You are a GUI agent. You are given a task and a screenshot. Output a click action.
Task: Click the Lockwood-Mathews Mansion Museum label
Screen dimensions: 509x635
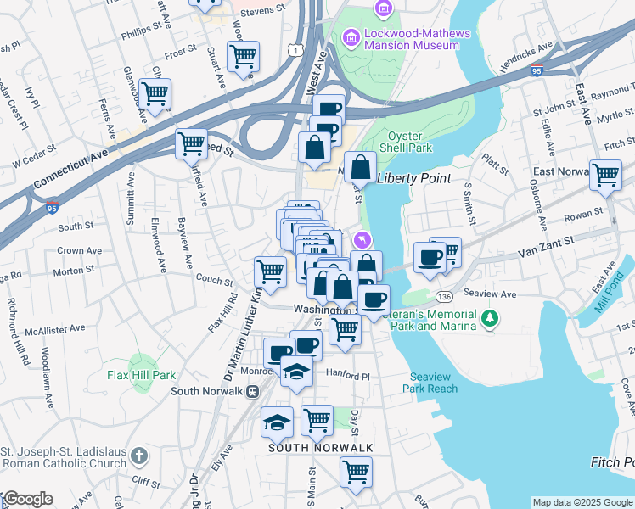coord(406,39)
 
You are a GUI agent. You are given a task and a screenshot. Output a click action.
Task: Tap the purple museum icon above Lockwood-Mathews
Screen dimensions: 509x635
coord(384,8)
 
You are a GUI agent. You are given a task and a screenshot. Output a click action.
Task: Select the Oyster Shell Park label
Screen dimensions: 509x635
coord(410,142)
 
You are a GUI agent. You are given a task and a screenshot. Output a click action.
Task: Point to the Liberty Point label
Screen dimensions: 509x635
coord(413,178)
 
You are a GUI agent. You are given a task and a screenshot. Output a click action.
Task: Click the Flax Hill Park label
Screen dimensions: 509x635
coord(141,374)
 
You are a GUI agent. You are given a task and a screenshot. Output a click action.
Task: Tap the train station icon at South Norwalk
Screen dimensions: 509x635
coord(252,391)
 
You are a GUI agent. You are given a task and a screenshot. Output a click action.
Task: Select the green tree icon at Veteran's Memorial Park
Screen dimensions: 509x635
coord(489,318)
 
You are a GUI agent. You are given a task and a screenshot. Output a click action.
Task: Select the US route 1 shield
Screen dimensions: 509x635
coord(294,51)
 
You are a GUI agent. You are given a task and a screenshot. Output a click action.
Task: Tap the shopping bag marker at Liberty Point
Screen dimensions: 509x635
coord(360,167)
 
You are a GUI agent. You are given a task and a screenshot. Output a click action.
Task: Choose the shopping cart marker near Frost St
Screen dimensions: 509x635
coord(244,56)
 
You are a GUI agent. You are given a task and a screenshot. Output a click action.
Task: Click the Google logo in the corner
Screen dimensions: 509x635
coord(27,499)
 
